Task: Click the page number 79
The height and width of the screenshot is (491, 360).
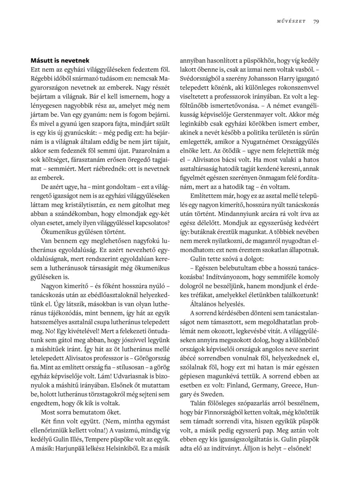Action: point(316,22)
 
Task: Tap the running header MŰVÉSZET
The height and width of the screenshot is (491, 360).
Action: point(291,22)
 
